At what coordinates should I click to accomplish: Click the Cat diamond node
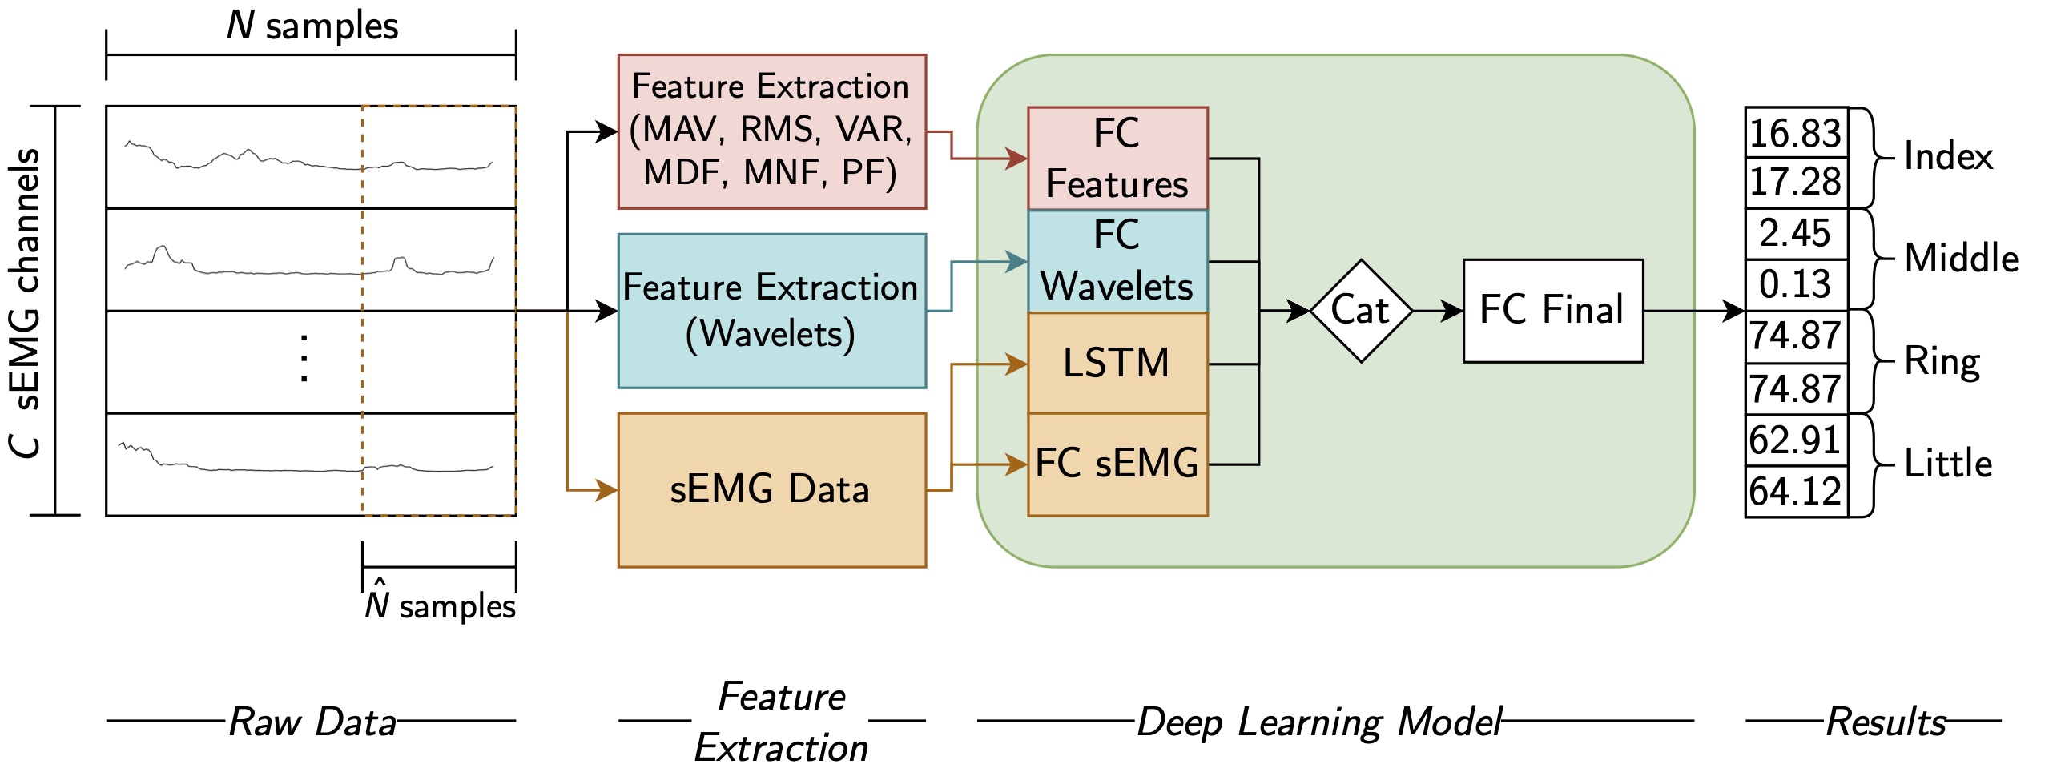pos(1361,311)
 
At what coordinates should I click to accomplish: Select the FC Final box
pos(1552,311)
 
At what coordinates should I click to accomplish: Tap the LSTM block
pos(1117,363)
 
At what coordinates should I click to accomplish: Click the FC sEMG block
pos(1117,464)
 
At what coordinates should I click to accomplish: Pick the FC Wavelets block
pos(1117,261)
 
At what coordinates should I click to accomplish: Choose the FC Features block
pos(1117,159)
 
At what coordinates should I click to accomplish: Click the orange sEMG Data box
pos(771,489)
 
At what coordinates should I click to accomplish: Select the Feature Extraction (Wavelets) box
pos(771,311)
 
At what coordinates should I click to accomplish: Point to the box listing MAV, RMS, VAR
pos(771,131)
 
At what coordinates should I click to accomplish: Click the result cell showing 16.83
pos(1796,133)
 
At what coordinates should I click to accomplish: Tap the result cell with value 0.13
pos(1796,284)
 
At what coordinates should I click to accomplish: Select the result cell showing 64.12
pos(1796,491)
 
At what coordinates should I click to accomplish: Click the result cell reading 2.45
pos(1796,234)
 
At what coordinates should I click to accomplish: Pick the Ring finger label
pos(1942,361)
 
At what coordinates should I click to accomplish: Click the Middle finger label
pos(1961,259)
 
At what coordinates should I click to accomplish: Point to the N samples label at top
pos(312,26)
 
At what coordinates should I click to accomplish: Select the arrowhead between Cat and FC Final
pos(1453,311)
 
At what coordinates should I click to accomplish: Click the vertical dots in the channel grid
pos(304,358)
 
